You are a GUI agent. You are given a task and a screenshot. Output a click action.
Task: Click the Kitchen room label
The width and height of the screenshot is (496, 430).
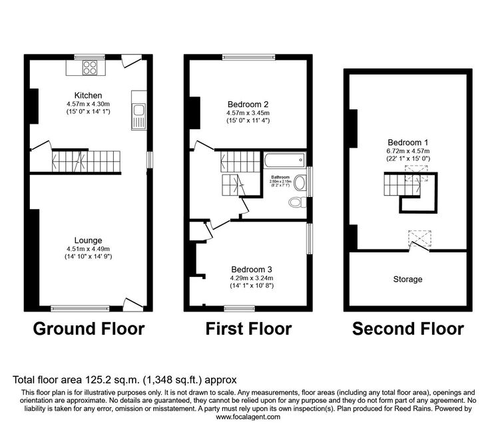tap(88, 95)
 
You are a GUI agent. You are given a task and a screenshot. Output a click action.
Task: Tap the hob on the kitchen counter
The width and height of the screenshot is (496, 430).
tap(89, 67)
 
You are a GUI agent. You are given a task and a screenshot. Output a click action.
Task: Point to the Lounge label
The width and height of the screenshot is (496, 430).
tap(88, 240)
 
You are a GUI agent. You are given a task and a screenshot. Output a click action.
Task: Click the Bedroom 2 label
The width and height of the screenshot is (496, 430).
tap(248, 105)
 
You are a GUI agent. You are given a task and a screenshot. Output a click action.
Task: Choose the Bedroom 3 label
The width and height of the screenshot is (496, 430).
tap(252, 270)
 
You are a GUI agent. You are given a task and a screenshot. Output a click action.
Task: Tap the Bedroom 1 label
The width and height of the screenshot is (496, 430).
tap(407, 142)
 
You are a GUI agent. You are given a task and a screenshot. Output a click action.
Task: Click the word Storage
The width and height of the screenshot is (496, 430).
tap(407, 279)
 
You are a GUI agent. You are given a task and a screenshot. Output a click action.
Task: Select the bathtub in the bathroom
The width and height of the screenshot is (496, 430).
tap(285, 160)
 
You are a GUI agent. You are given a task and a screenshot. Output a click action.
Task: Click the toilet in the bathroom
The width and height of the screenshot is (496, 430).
tap(298, 202)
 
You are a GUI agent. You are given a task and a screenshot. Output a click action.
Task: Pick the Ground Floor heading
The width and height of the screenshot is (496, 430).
tap(89, 329)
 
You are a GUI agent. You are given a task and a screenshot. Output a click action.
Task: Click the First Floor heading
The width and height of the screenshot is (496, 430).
tap(248, 329)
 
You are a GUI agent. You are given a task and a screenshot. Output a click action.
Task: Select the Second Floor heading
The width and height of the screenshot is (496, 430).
tap(408, 329)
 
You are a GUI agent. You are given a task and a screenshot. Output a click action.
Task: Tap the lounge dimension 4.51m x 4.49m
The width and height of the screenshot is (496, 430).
tap(89, 249)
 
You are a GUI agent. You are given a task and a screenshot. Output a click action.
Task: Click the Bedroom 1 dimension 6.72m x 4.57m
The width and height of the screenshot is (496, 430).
tap(408, 151)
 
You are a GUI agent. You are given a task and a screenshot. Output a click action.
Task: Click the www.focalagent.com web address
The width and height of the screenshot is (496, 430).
tap(248, 417)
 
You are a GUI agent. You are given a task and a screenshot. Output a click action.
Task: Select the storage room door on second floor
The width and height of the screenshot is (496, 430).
tap(419, 246)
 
